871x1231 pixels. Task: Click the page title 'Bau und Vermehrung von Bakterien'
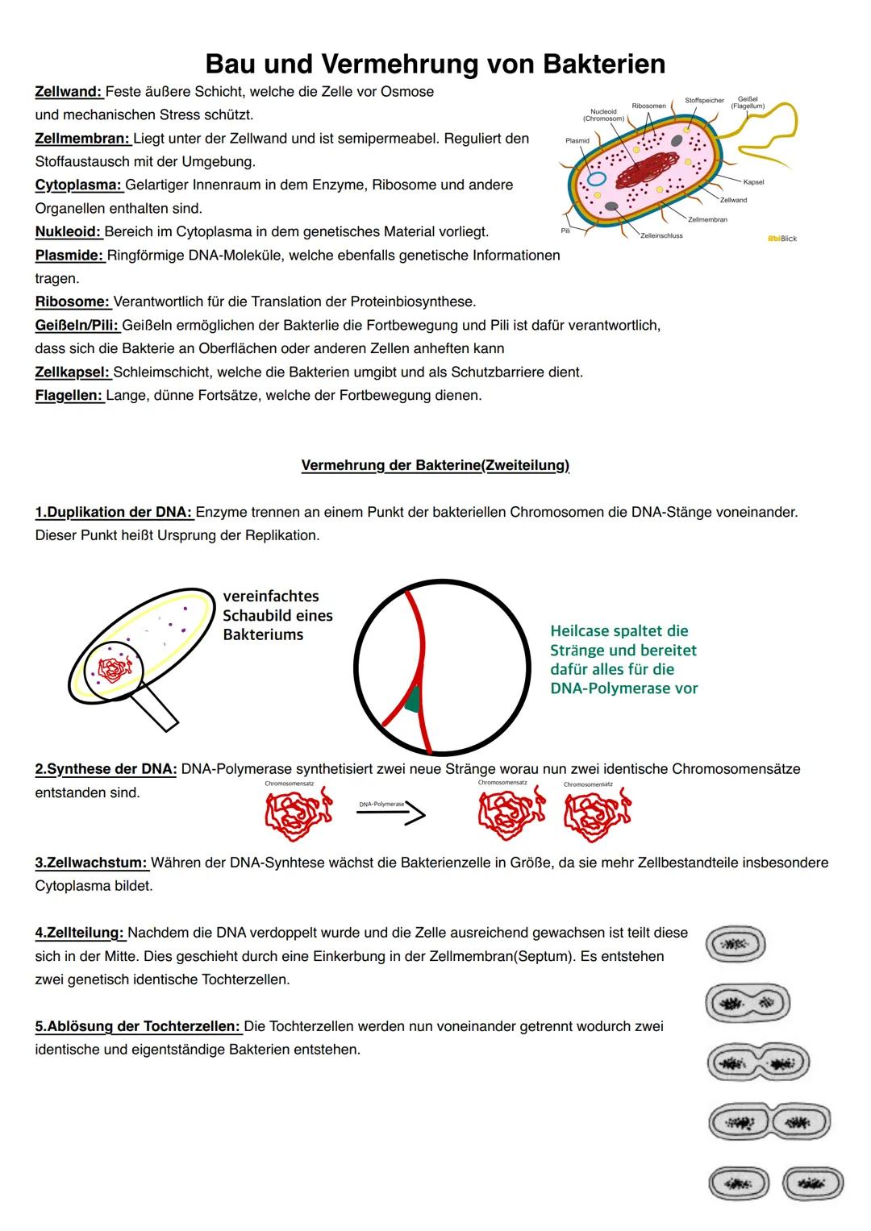(435, 63)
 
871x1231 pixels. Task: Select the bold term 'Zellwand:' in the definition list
(69, 92)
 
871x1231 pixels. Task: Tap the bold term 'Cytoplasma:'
(78, 185)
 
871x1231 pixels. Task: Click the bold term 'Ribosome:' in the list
(73, 302)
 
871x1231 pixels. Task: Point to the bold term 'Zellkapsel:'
(73, 372)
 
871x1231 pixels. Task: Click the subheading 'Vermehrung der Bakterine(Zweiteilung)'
(435, 466)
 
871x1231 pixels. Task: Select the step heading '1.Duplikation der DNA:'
(114, 513)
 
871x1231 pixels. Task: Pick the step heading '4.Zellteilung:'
(80, 934)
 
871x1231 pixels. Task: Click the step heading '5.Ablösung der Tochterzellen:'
(138, 1027)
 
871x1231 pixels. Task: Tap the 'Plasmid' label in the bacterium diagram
(577, 140)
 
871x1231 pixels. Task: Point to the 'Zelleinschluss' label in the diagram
(661, 236)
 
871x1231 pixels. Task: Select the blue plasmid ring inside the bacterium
(597, 179)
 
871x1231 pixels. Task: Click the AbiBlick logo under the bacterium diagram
(781, 239)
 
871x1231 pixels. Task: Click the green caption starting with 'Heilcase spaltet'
(623, 659)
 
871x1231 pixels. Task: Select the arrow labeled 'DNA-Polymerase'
(391, 813)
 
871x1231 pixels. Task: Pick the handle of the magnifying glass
(156, 709)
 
